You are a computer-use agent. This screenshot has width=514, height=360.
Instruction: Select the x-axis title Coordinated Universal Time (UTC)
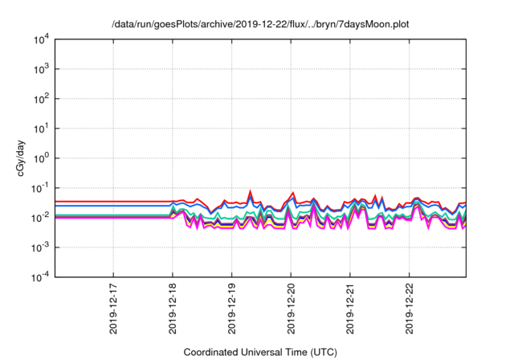click(x=260, y=352)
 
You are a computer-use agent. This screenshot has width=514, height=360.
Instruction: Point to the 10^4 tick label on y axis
click(x=41, y=39)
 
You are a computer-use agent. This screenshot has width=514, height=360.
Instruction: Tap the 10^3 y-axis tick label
click(x=41, y=69)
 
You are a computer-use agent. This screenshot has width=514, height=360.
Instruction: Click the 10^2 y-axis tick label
click(x=41, y=99)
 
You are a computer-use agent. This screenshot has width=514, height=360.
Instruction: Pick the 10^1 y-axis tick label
click(x=41, y=129)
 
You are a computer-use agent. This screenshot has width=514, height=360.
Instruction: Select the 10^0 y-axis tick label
click(x=41, y=158)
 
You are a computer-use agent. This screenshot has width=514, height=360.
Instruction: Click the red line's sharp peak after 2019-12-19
click(x=251, y=191)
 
